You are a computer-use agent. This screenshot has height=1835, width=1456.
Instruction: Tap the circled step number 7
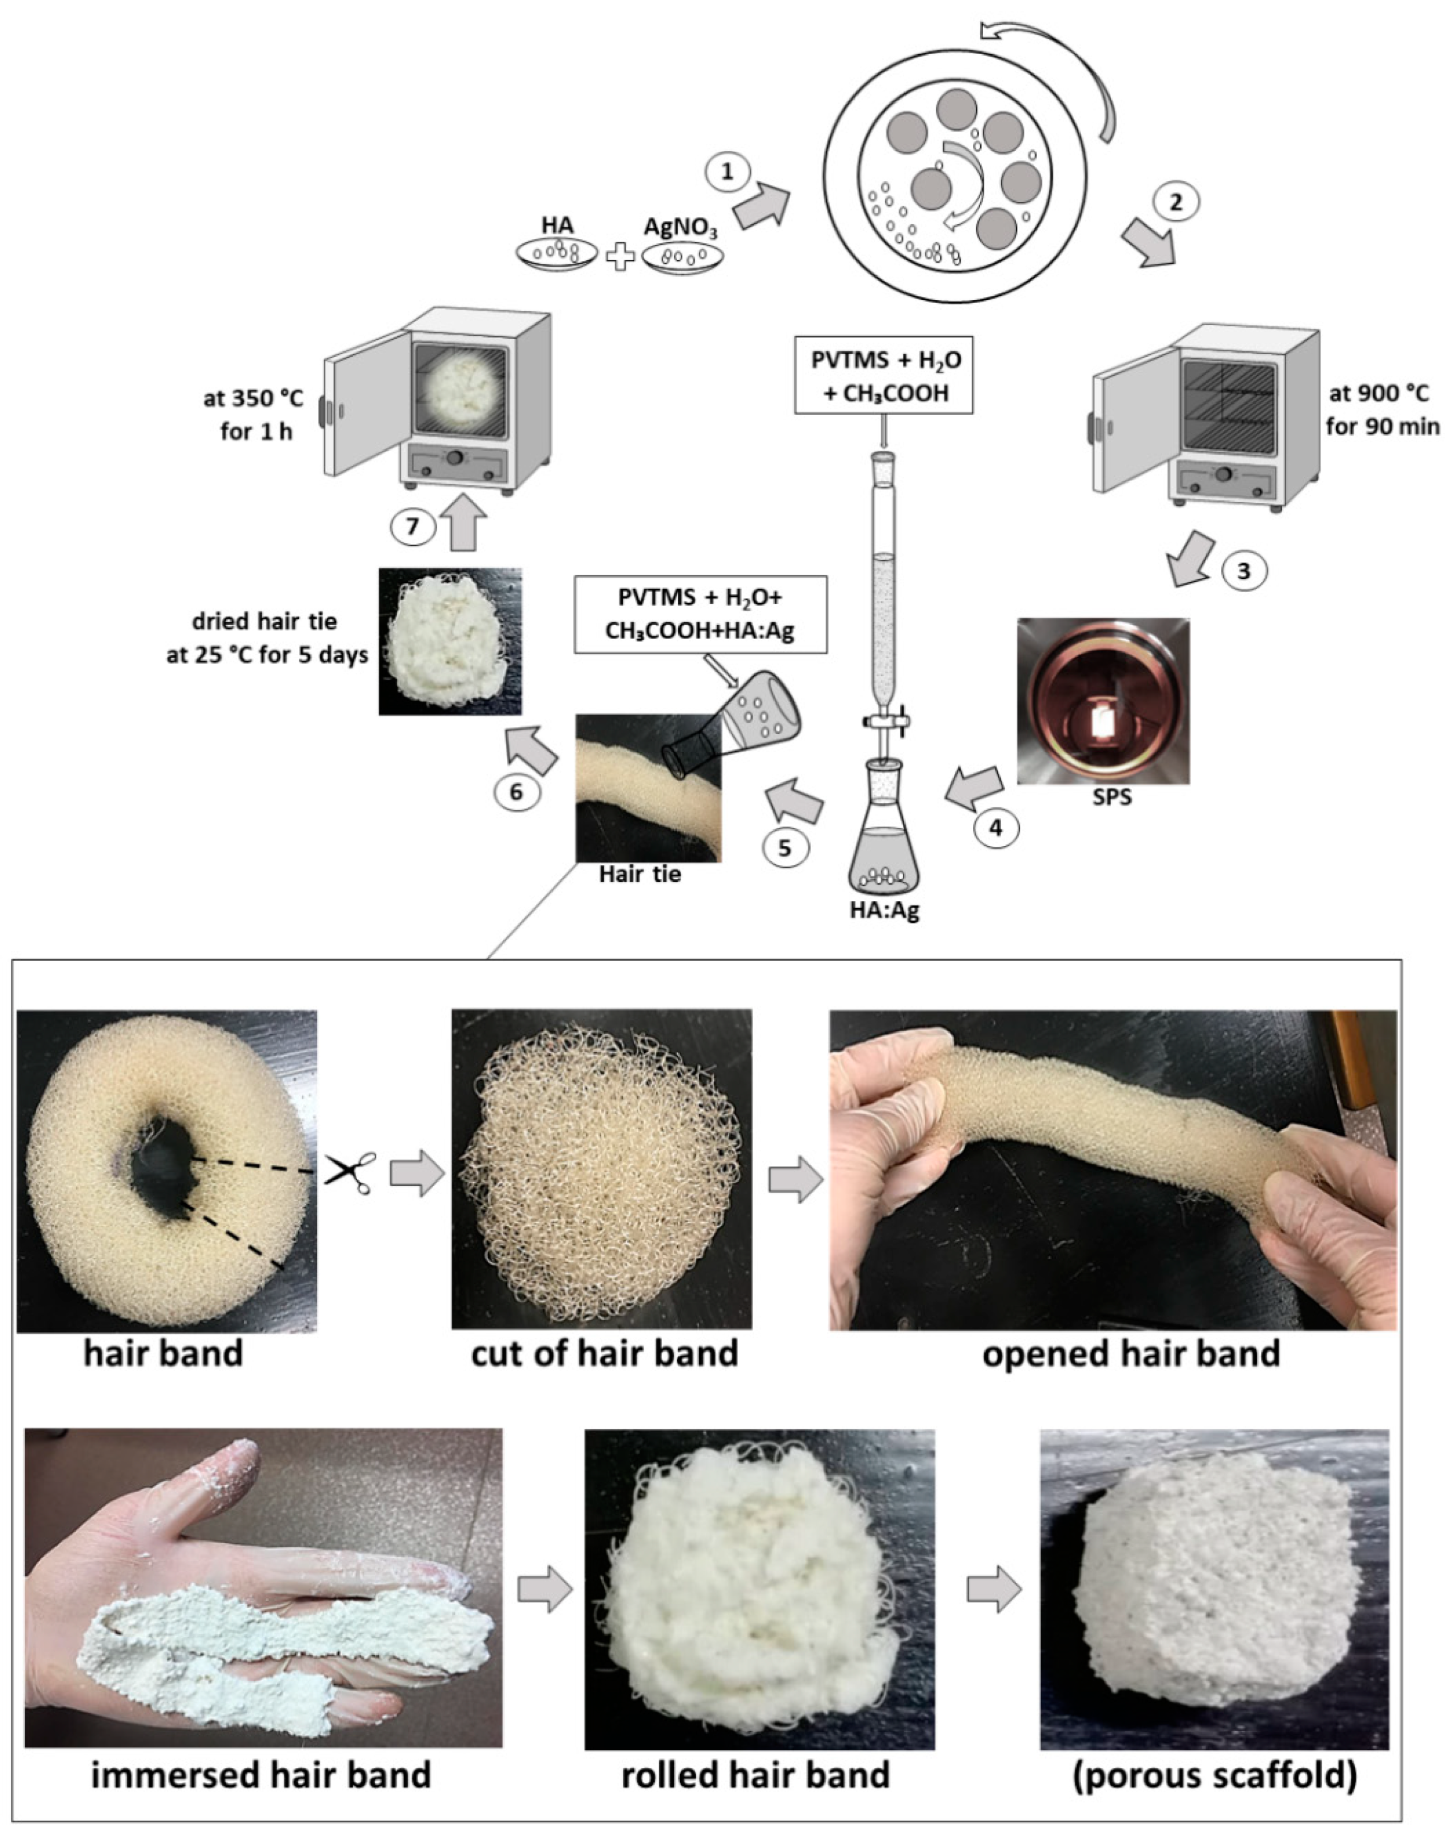point(413,526)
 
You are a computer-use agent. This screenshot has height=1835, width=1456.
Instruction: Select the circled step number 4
point(996,827)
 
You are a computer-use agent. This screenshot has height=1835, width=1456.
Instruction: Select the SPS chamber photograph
point(1103,701)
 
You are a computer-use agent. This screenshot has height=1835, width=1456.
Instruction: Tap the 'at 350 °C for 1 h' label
point(253,415)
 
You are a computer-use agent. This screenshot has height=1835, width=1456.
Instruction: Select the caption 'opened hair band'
point(1130,1353)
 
